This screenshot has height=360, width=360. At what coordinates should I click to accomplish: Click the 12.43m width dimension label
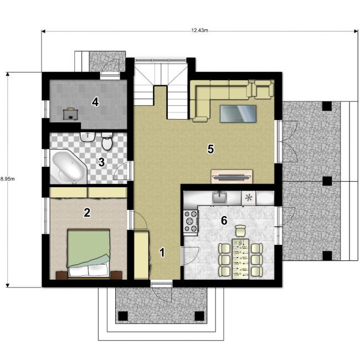[x=199, y=30]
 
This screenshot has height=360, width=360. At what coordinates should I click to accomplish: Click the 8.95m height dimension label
[x=7, y=179]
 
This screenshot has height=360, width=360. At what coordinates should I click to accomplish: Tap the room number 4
[x=95, y=102]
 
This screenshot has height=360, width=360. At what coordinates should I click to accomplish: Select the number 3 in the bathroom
[x=101, y=162]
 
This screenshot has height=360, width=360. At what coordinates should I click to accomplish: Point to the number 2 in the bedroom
[x=87, y=213]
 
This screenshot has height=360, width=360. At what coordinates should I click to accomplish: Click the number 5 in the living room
[x=210, y=149]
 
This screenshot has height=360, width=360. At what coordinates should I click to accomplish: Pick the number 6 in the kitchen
[x=224, y=220]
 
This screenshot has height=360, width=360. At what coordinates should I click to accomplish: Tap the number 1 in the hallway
[x=162, y=253]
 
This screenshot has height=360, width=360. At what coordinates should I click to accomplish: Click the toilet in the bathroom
[x=107, y=141]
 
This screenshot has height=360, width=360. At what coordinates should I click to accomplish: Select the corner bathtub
[x=68, y=167]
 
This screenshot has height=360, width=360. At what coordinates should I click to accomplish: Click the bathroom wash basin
[x=88, y=137]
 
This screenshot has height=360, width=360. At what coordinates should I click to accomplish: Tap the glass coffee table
[x=238, y=114]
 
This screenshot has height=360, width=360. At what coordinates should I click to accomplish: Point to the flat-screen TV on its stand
[x=232, y=177]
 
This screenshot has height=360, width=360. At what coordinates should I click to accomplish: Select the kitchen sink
[x=219, y=198]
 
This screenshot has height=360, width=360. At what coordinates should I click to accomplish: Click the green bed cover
[x=88, y=247]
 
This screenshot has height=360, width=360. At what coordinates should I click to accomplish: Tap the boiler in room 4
[x=70, y=114]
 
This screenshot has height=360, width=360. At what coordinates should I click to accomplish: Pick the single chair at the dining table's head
[x=240, y=231]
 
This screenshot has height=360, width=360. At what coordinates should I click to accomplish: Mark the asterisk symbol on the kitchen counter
[x=249, y=198]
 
